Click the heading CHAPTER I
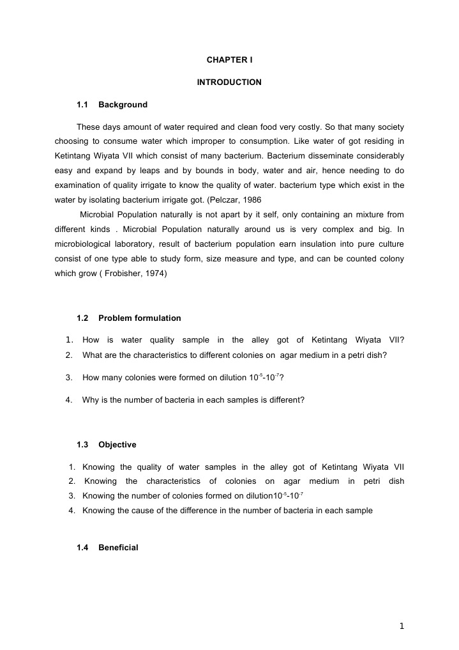(229, 60)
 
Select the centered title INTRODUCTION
(229, 82)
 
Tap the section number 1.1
(82, 105)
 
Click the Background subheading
(123, 105)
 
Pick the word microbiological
(83, 244)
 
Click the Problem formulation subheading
(139, 318)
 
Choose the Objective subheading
(117, 444)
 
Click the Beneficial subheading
(118, 548)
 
